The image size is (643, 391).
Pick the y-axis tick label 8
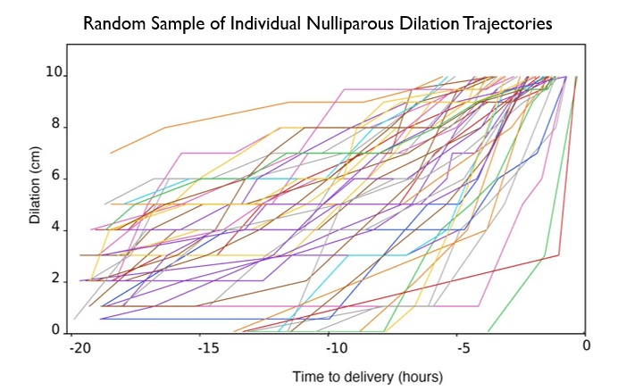click(x=56, y=125)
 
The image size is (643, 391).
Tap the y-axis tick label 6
click(x=56, y=177)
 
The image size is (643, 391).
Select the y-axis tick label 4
click(x=56, y=229)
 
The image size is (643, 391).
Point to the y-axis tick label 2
click(x=56, y=280)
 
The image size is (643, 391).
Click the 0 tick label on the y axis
click(x=56, y=331)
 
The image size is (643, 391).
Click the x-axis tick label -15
click(x=207, y=346)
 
